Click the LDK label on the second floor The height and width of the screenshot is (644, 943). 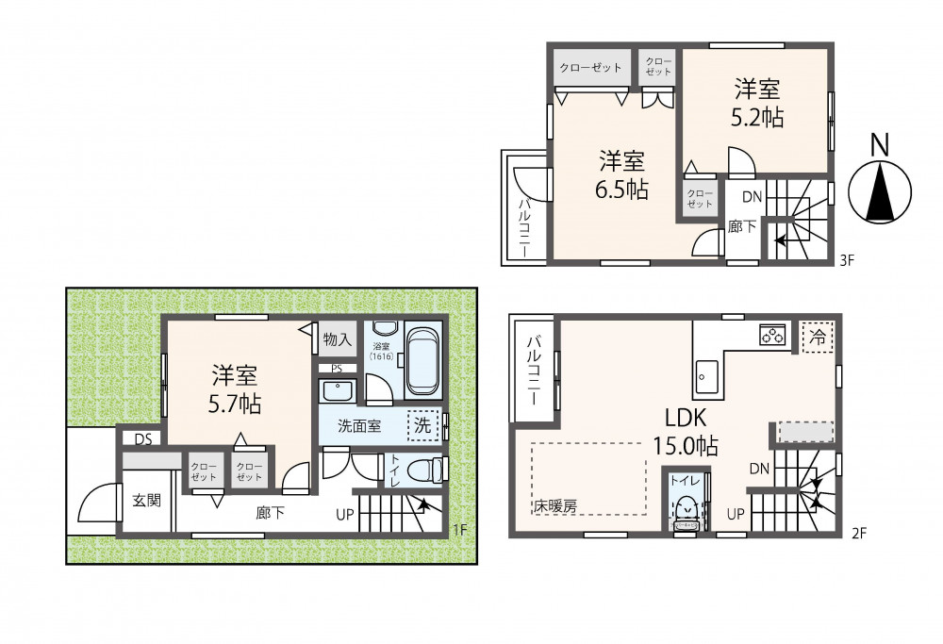click(685, 418)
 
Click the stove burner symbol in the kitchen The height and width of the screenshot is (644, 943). click(773, 335)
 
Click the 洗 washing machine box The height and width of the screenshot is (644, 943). click(422, 425)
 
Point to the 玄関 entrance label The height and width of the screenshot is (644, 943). click(147, 500)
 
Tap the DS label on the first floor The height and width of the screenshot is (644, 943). click(143, 439)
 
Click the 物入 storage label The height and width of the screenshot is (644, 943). click(337, 339)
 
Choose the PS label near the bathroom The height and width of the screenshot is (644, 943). click(337, 369)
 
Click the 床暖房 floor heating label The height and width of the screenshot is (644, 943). click(555, 507)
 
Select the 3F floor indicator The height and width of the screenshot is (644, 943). click(848, 260)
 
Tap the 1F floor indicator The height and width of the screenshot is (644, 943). click(459, 530)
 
